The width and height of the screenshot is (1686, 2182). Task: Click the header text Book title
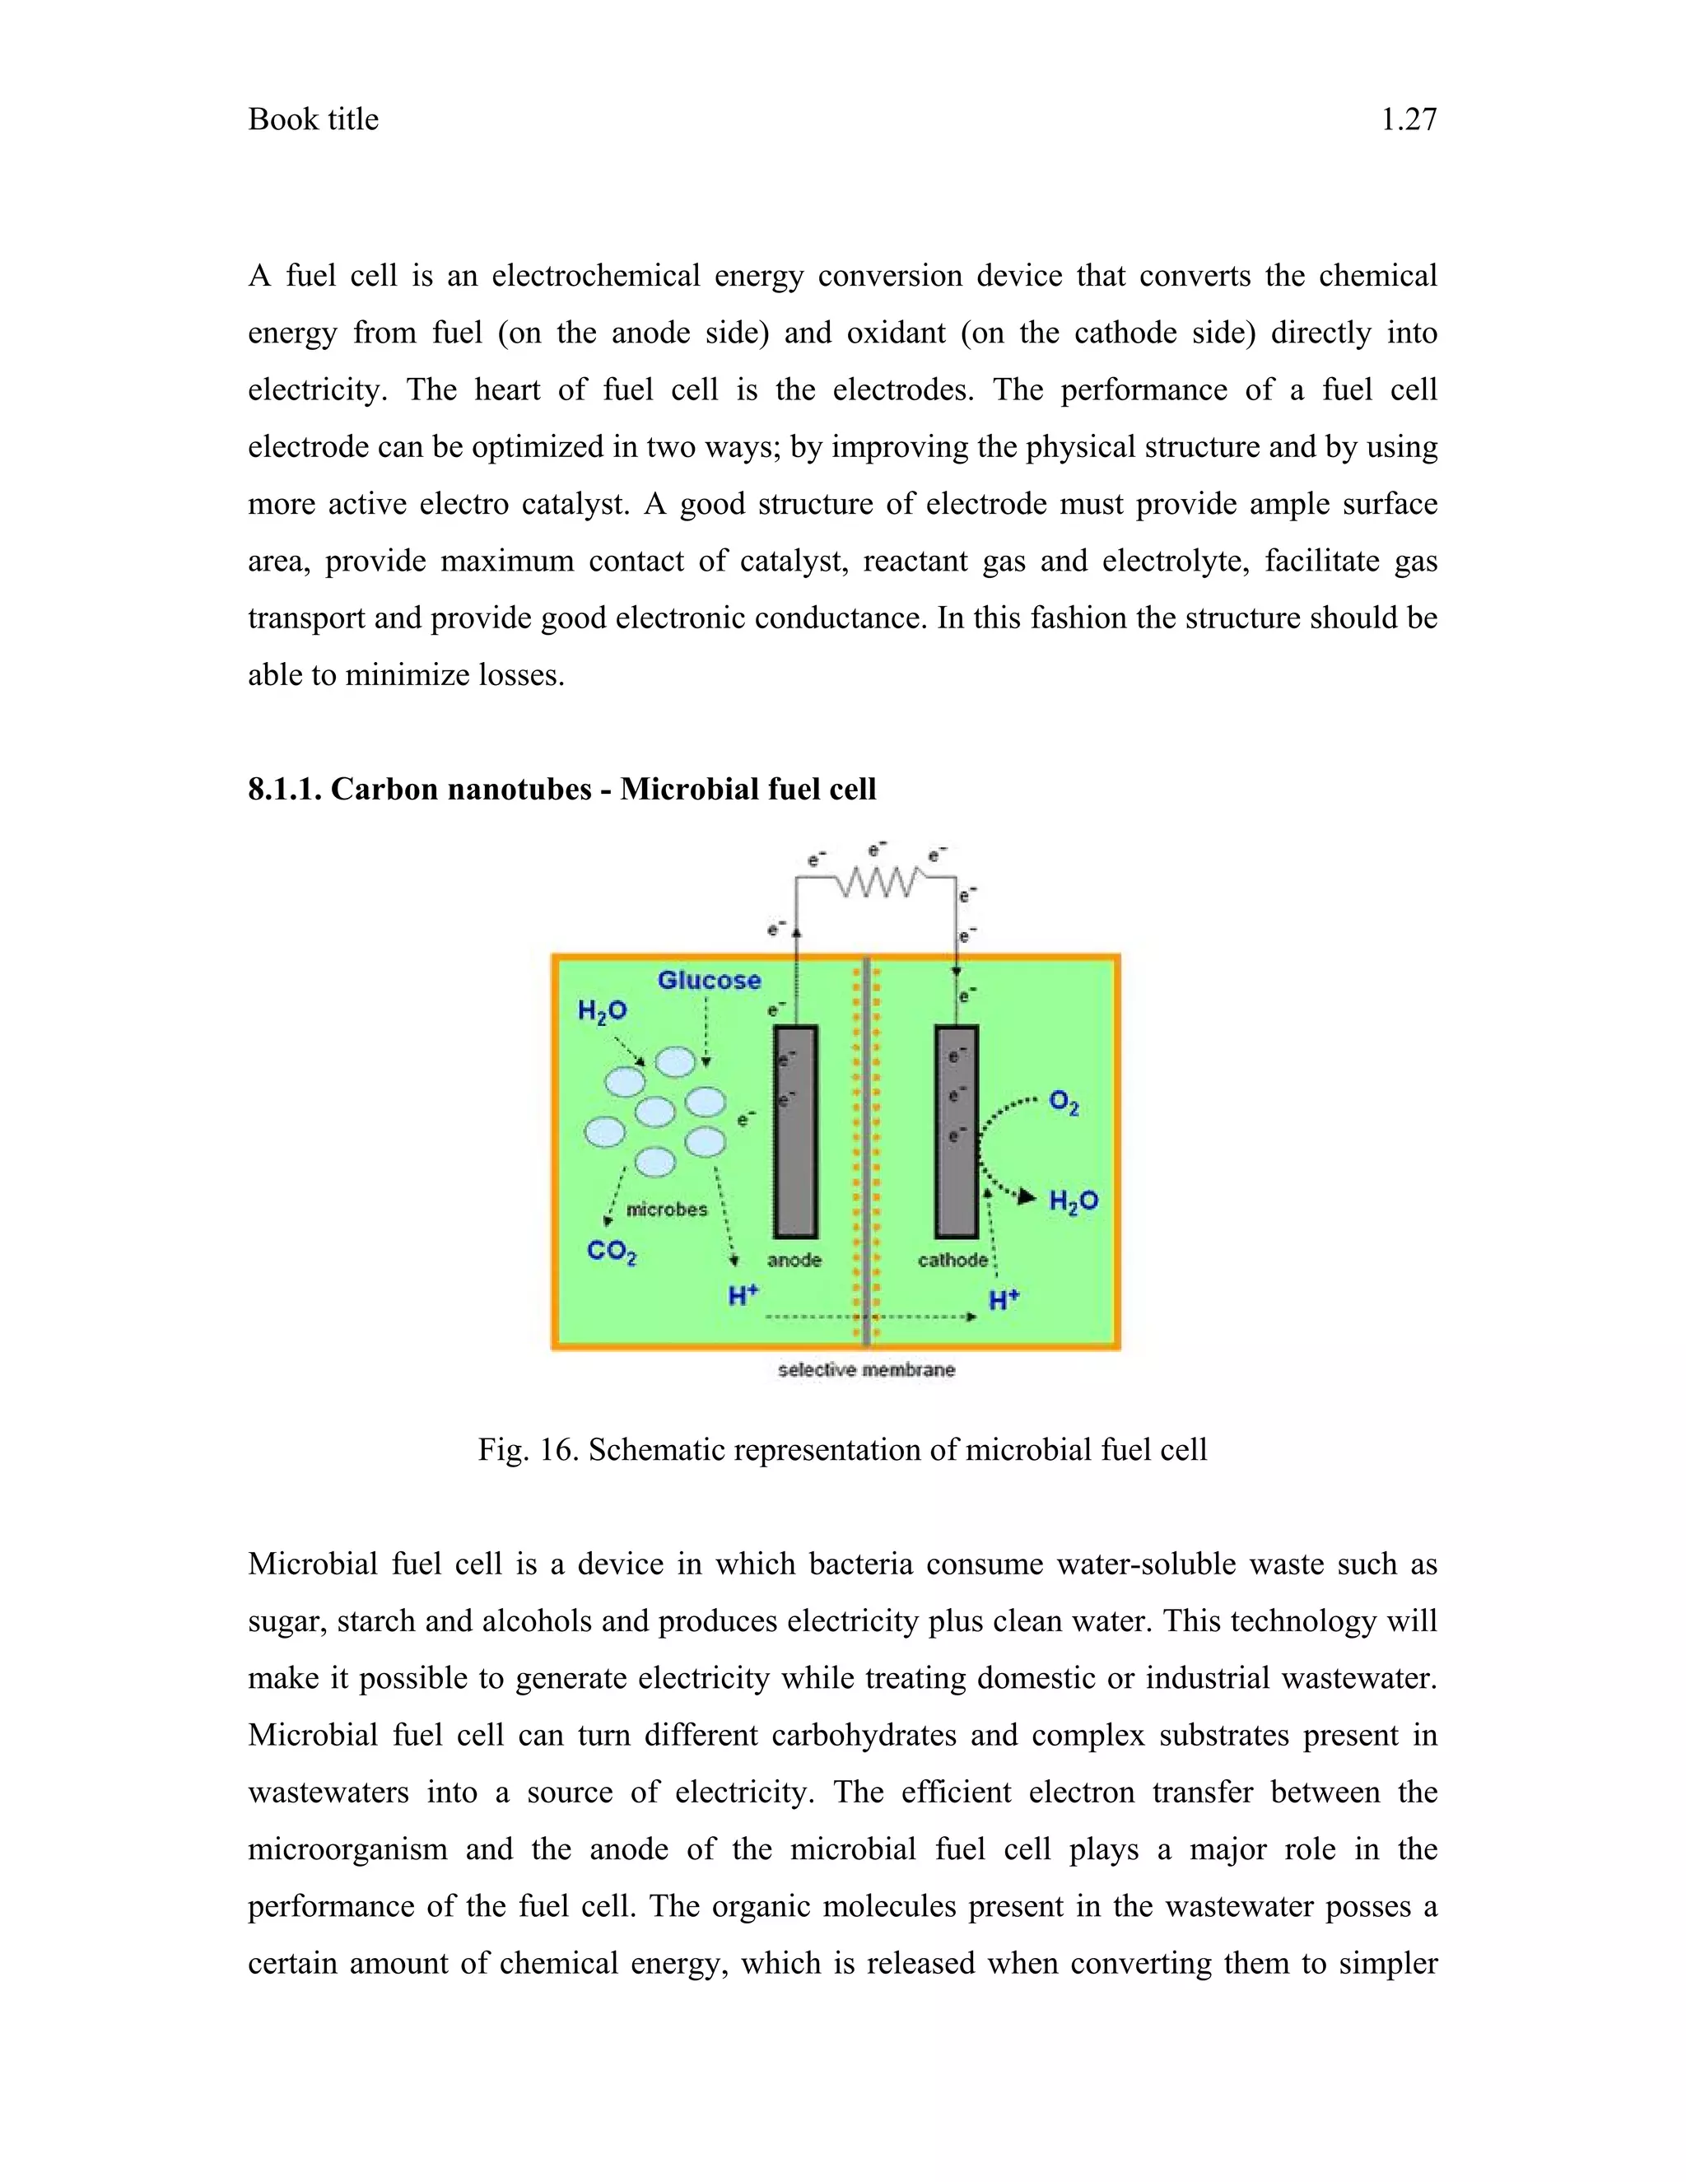point(313,120)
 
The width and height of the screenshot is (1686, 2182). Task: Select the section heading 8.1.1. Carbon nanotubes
point(561,790)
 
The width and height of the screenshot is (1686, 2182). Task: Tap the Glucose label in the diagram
point(708,980)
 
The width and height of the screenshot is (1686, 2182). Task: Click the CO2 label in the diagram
point(612,1252)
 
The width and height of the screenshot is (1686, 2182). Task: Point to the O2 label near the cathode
point(1063,1103)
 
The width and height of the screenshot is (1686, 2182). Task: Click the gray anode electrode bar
point(796,1132)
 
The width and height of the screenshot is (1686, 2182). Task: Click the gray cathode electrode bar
point(956,1132)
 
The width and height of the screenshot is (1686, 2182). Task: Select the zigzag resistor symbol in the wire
point(877,881)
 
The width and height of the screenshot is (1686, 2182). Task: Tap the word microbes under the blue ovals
point(666,1209)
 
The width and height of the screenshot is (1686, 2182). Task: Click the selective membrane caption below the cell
point(866,1370)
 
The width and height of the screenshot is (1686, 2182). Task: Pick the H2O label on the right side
point(1073,1201)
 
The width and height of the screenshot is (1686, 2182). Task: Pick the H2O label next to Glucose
point(603,1011)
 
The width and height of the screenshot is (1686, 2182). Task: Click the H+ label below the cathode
point(1004,1300)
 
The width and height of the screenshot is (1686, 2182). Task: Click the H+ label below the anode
point(743,1296)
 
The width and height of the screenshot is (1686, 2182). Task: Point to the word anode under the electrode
point(794,1260)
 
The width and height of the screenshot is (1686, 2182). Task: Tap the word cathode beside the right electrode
point(952,1260)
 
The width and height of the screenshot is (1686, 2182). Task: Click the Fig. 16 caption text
point(842,1450)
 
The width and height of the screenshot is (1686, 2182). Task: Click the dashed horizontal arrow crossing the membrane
point(869,1317)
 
